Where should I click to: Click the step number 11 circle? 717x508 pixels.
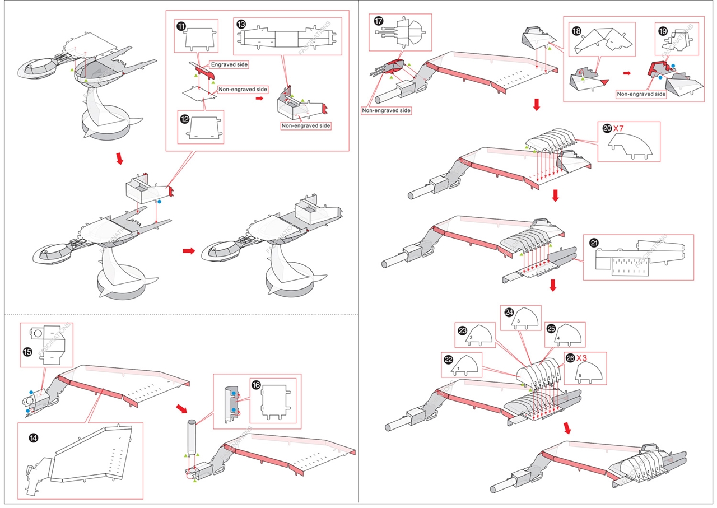(181, 25)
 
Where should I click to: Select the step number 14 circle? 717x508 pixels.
(34, 437)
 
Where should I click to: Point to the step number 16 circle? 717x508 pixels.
(256, 385)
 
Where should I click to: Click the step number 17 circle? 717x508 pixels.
(379, 21)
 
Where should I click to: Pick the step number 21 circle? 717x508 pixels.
(594, 243)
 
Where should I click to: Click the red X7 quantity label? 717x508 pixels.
(618, 128)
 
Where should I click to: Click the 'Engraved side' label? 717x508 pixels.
(229, 65)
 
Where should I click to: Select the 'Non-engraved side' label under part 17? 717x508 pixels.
(386, 110)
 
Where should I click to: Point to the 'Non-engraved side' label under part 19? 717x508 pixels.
(641, 94)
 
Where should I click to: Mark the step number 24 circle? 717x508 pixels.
(509, 313)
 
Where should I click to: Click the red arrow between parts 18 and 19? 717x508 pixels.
(627, 73)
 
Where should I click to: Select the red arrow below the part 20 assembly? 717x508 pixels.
(555, 195)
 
